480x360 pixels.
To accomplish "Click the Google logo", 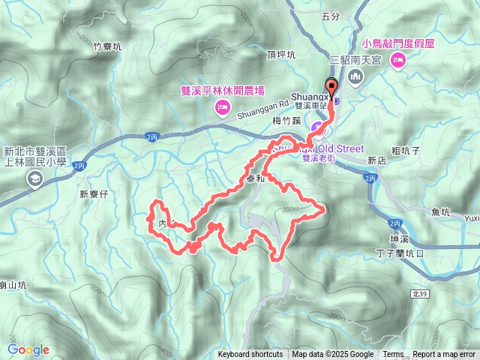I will pos(28,349).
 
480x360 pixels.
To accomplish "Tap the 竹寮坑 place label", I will pos(109,46).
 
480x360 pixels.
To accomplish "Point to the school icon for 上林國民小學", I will pos(34,178).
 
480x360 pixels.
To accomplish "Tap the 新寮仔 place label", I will pos(94,193).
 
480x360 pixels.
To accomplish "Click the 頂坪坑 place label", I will pos(281,55).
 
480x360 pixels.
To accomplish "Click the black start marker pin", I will pos(331,85).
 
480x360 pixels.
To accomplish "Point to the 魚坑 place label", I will pos(441,212).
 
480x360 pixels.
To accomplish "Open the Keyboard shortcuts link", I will pos(250,355).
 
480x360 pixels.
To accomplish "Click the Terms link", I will pos(393,355).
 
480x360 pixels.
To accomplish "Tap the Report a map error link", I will pos(444,355).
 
